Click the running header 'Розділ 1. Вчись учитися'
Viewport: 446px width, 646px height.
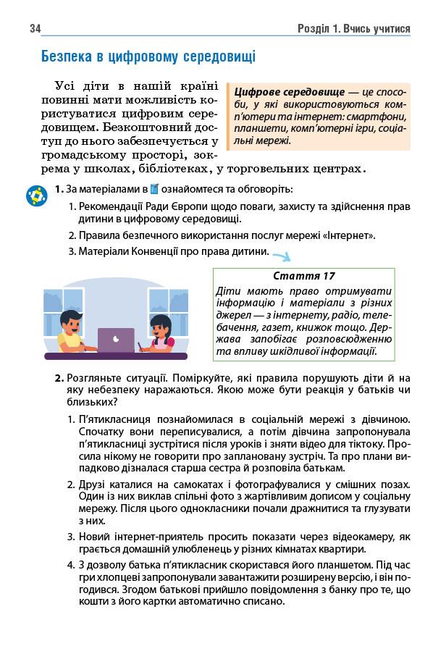coord(353,28)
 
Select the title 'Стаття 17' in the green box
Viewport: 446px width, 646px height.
coord(305,276)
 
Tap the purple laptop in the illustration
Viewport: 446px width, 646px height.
coord(116,339)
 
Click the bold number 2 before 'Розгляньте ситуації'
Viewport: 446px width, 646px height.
coord(59,378)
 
